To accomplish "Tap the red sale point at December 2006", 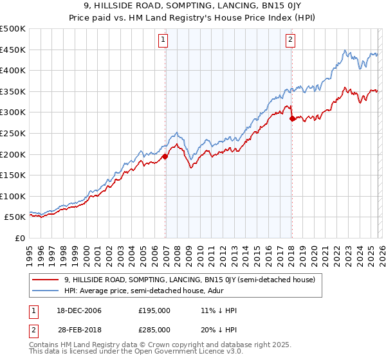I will [x=165, y=156].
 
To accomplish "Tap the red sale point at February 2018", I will [x=292, y=118].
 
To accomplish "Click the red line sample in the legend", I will [x=46, y=280].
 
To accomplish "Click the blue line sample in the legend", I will [x=46, y=291].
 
